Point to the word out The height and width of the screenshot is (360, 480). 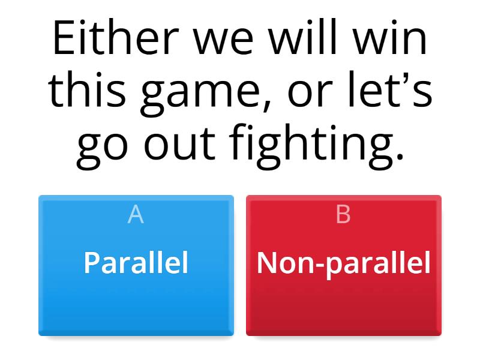click(x=184, y=147)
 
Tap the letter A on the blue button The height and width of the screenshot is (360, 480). click(x=136, y=214)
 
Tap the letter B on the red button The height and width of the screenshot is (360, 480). click(x=343, y=214)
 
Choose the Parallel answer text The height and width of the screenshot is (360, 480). click(x=136, y=262)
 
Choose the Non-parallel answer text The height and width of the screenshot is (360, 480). click(x=343, y=262)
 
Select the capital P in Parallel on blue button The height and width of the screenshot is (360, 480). click(x=91, y=262)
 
